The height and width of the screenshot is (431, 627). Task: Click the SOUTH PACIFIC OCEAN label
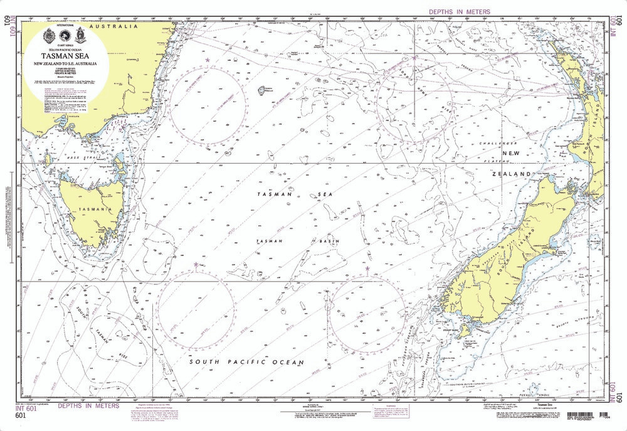[238, 363]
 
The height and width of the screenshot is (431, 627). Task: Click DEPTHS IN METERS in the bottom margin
[93, 406]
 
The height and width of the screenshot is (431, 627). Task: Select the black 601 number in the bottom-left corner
[21, 415]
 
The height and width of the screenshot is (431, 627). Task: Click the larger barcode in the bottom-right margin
[586, 415]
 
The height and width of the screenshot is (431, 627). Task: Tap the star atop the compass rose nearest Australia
[208, 60]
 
